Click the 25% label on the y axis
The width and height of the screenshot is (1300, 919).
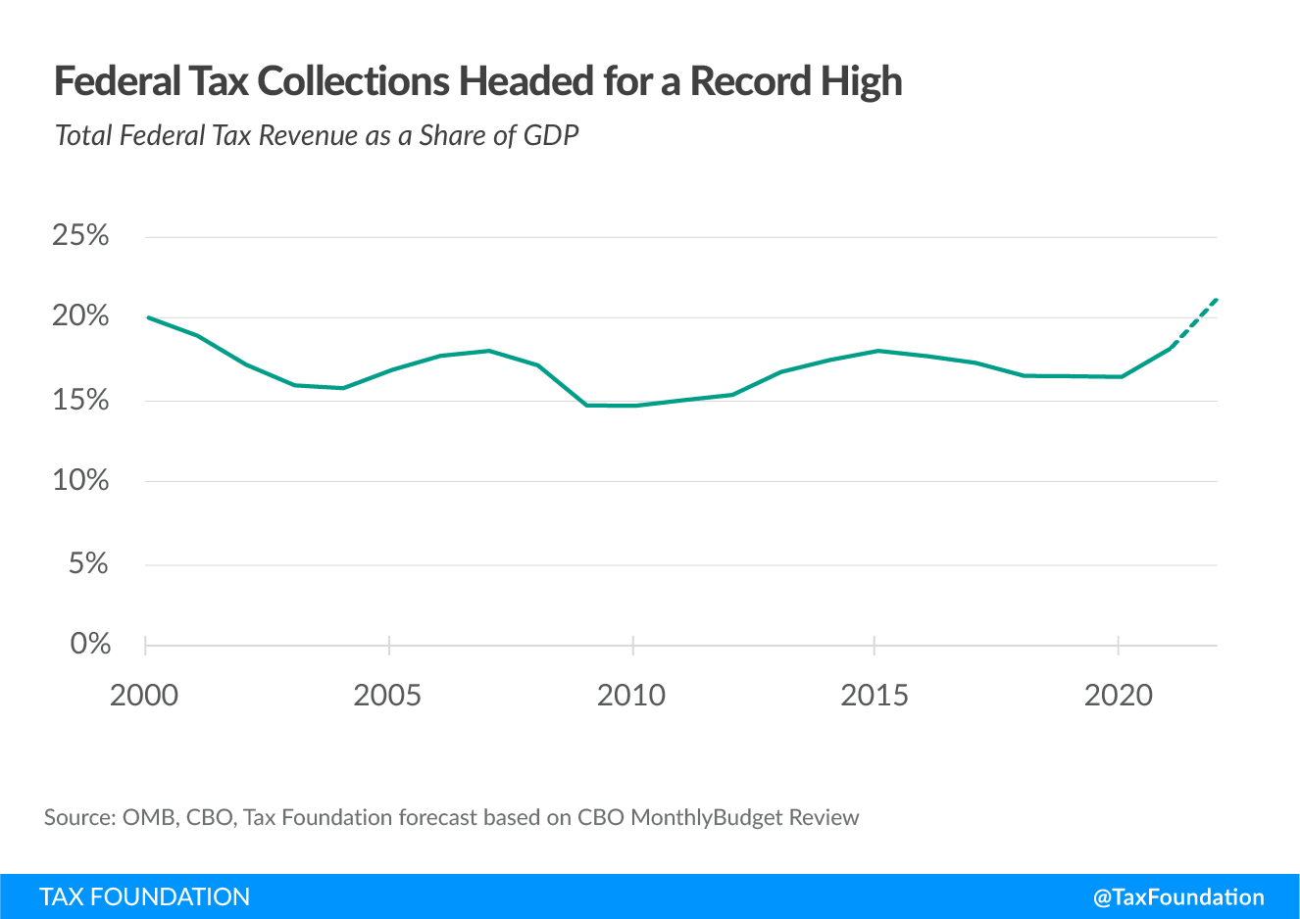80,235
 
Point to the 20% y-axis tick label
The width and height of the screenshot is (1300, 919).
80,315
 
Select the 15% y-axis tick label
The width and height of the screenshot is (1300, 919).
80,400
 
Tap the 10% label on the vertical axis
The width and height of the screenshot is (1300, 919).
80,480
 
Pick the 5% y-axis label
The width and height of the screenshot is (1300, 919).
88,563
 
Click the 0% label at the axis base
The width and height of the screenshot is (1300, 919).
90,644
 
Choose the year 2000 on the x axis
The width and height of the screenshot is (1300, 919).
144,696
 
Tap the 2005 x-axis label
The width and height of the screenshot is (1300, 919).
387,696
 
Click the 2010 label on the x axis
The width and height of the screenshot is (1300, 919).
631,696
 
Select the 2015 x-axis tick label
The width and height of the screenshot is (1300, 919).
875,696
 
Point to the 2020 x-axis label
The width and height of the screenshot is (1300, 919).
1119,696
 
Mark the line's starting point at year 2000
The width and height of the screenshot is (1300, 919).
148,317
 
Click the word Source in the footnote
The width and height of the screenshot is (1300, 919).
77,817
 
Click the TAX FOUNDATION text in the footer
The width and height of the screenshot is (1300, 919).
145,896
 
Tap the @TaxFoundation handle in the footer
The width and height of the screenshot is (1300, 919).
1178,896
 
